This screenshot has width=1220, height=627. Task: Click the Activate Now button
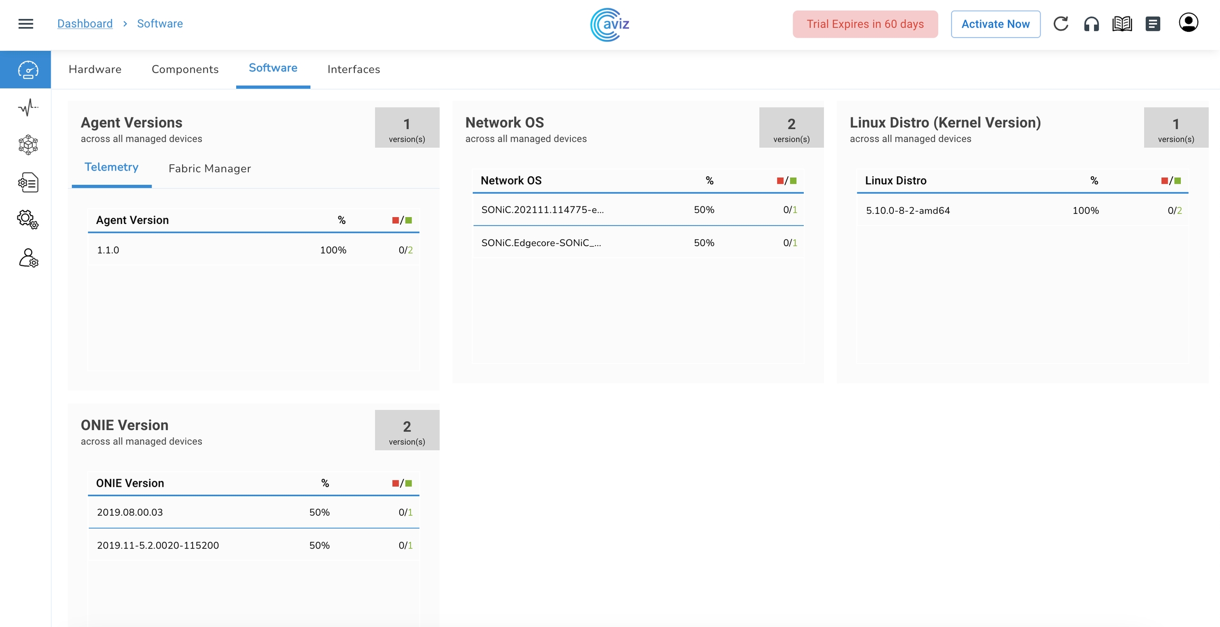[x=995, y=24]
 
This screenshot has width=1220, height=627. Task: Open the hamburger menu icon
[x=26, y=24]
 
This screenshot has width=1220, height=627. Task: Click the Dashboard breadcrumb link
[x=85, y=24]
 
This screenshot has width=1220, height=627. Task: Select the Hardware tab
[x=95, y=69]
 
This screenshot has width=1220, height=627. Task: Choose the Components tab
[x=185, y=69]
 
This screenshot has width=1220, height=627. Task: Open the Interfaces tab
[x=354, y=69]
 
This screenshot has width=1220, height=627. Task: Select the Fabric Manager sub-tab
[x=210, y=168]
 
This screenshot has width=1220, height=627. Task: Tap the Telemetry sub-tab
[x=111, y=167]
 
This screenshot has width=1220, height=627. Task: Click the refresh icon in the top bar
[x=1061, y=24]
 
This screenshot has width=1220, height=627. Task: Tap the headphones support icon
[x=1091, y=24]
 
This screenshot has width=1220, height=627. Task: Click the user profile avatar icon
[x=1188, y=23]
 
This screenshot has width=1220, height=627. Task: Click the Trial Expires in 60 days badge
[x=865, y=24]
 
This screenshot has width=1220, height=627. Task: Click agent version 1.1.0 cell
[x=108, y=250]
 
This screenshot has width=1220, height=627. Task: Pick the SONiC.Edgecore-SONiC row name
[x=541, y=243]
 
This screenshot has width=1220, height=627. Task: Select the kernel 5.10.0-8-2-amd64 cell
[x=908, y=211]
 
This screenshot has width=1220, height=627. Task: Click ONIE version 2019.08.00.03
[x=130, y=513]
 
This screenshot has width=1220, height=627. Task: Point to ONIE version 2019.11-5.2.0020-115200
[x=158, y=545]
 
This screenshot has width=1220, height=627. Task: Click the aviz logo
[x=610, y=24]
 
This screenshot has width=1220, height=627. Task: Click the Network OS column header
[x=511, y=181]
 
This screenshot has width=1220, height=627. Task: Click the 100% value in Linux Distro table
[x=1086, y=211]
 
